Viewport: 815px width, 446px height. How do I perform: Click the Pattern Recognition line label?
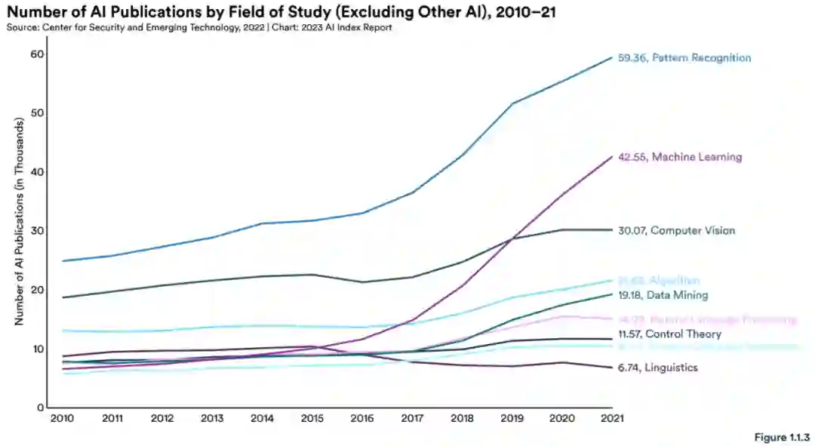[x=684, y=58]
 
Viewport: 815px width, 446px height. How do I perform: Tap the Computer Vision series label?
[x=675, y=230]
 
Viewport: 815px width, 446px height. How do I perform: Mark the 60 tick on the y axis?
[x=37, y=54]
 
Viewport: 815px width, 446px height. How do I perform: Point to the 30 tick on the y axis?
[x=37, y=231]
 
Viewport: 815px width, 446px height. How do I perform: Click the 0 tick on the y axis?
[x=40, y=408]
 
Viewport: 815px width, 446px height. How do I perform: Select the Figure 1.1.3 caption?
[x=781, y=438]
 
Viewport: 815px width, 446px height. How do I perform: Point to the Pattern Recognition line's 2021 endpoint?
[x=611, y=58]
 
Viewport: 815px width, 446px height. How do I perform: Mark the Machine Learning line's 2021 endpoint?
[x=611, y=157]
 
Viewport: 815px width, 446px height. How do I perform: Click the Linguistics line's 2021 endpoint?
[x=611, y=368]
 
